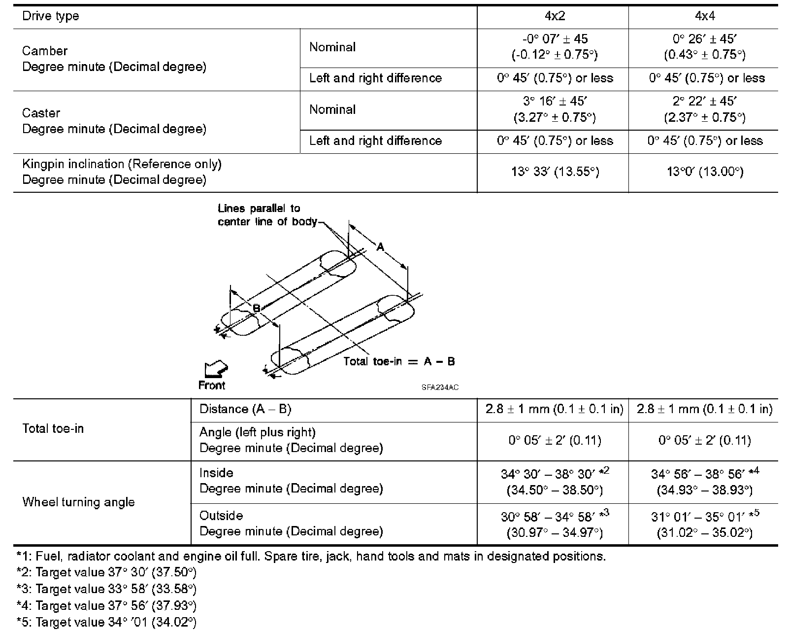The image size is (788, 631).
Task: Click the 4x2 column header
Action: coord(554,16)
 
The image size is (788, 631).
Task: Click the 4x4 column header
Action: coord(704,16)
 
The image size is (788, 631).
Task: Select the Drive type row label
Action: coord(51,16)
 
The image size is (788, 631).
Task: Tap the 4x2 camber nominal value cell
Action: coord(555,47)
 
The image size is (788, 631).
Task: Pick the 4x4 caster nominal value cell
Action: coord(704,109)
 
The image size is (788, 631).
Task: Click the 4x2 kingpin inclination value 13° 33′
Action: coord(555,172)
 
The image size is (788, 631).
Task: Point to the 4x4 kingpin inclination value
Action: coord(704,172)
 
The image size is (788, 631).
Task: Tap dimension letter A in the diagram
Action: coord(380,247)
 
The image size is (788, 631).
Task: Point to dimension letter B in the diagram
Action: coord(256,309)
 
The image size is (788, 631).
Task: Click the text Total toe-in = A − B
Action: coord(399,361)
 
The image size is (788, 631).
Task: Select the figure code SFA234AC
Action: coord(440,387)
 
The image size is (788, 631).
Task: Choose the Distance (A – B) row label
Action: coord(245,409)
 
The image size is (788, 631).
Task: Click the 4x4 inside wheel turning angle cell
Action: coord(704,482)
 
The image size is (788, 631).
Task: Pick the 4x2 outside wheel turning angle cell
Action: coord(555,524)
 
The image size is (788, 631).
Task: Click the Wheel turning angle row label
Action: coord(78,502)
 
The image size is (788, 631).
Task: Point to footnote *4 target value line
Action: coord(106,605)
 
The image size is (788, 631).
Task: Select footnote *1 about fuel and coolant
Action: coord(310,557)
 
